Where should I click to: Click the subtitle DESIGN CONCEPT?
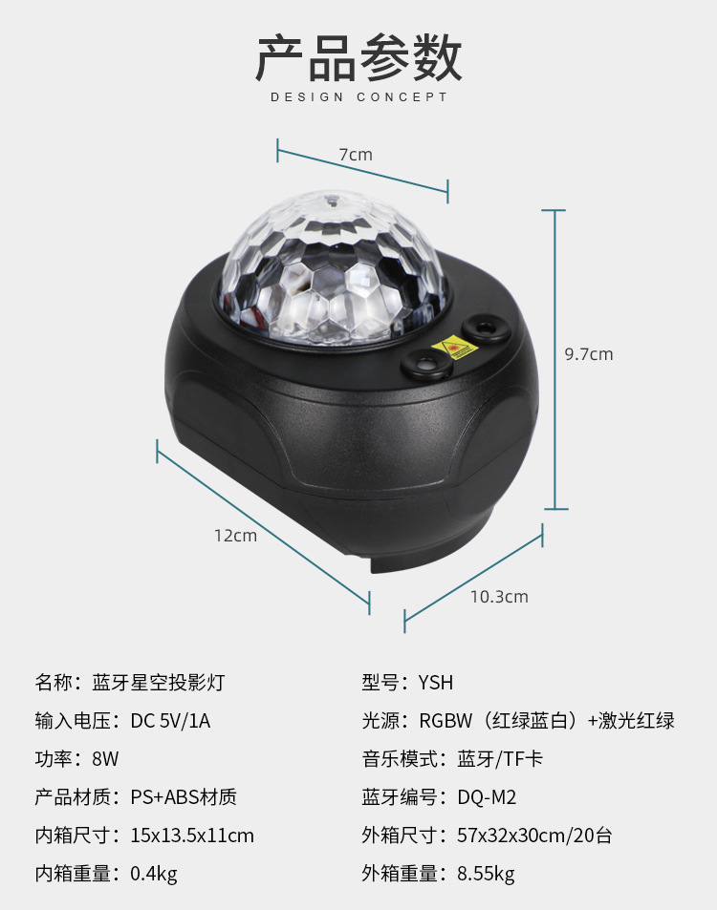click(x=358, y=97)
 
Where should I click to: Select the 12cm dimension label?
click(x=235, y=536)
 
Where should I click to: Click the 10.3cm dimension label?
click(x=498, y=597)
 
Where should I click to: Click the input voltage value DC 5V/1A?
click(x=170, y=721)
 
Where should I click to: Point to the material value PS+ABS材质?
click(x=184, y=797)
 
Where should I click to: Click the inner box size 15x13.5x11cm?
click(x=192, y=836)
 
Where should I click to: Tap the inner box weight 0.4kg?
click(x=154, y=874)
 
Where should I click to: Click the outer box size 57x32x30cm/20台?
click(x=533, y=836)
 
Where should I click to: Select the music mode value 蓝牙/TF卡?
click(x=500, y=759)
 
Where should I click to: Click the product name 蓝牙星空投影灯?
click(x=159, y=683)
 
